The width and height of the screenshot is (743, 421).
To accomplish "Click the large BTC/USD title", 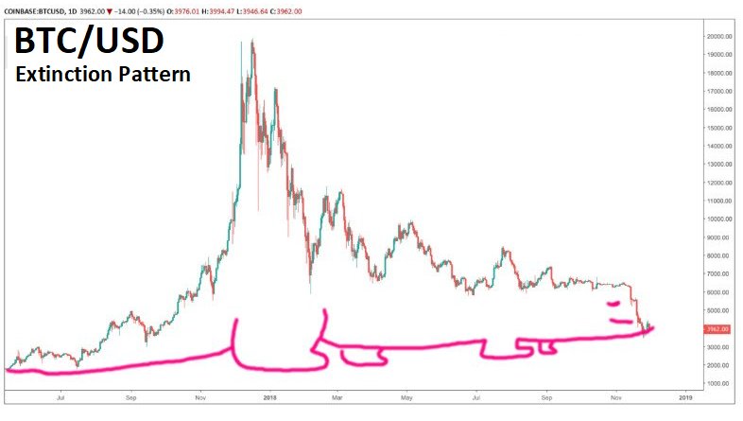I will point(87,42).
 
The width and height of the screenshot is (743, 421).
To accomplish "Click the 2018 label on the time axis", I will point(269,399).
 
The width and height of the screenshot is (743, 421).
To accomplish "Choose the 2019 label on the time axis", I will point(685,399).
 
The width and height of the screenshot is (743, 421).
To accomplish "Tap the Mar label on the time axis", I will point(337,399).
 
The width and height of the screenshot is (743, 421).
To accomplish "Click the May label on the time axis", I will point(406,399).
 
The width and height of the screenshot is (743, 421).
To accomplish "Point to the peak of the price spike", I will point(251,42).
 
